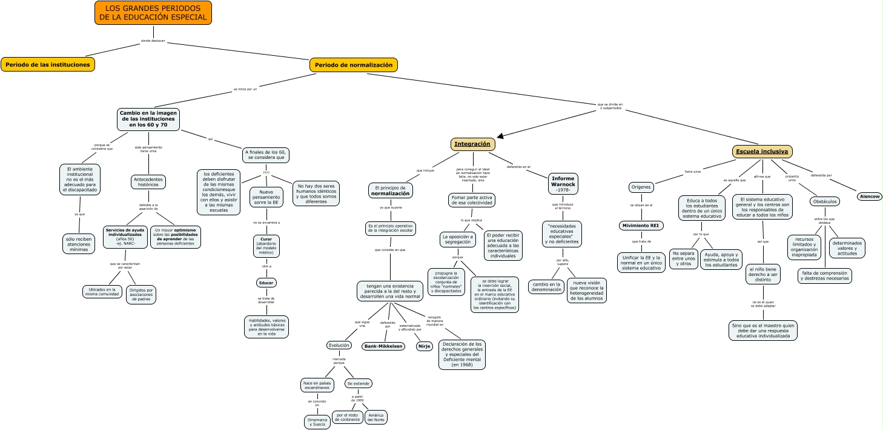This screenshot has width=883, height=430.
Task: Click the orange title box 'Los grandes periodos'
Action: [153, 13]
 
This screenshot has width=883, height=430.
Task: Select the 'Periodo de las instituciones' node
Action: [48, 64]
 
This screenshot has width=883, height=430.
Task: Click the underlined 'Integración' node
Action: [472, 144]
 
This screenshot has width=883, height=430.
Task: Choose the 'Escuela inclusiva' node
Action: [762, 151]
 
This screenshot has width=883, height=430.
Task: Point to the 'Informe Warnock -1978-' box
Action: [563, 184]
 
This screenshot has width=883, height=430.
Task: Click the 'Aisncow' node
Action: [870, 197]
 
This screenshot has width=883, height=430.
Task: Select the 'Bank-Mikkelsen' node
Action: [383, 346]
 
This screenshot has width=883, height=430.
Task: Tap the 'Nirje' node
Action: [425, 346]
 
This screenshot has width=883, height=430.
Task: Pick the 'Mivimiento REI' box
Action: [641, 226]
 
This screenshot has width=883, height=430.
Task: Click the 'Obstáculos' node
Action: [825, 201]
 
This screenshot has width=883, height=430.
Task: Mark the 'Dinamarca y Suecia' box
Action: [317, 422]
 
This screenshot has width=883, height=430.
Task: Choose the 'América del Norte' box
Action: [376, 417]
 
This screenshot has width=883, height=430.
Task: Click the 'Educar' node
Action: [266, 283]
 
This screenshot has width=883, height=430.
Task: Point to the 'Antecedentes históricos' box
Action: [148, 182]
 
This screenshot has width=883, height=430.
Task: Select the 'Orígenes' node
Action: [641, 187]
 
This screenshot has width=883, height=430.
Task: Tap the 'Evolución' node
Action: [339, 345]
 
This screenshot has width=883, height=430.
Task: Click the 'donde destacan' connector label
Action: [153, 41]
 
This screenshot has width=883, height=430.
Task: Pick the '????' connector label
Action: [266, 173]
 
